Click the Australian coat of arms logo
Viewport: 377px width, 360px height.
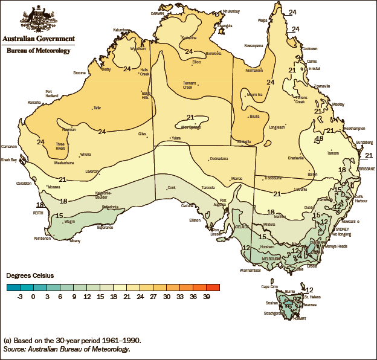(x=38, y=18)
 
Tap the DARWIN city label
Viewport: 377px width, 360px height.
(x=158, y=13)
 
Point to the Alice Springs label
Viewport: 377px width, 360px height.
(x=191, y=127)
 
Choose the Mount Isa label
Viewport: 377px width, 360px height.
(x=254, y=94)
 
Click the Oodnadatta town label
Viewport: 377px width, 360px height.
(x=218, y=159)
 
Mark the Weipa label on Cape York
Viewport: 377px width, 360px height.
(x=263, y=20)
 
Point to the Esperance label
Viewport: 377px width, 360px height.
(x=105, y=228)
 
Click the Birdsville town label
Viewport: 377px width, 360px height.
(x=244, y=141)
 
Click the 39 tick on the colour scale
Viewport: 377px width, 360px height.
(x=207, y=296)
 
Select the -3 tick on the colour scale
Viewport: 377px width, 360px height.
(x=21, y=296)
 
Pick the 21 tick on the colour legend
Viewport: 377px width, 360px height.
(x=127, y=296)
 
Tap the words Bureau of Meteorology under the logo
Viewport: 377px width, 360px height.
(x=38, y=51)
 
